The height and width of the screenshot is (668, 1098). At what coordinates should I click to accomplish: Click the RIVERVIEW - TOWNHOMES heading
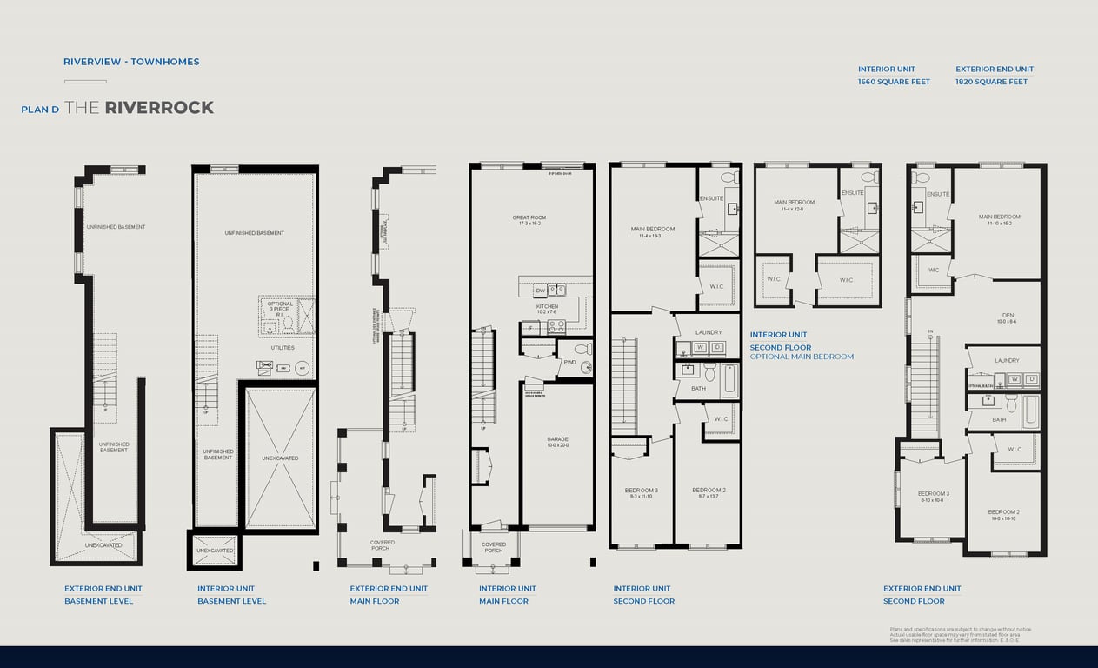point(131,62)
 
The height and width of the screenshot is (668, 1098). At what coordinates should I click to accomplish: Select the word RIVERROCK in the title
point(159,108)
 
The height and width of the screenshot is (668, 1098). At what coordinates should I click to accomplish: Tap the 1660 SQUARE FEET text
point(894,82)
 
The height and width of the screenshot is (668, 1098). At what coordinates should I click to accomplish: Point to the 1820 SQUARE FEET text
point(991,82)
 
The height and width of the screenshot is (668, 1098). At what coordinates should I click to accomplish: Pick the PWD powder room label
point(569,362)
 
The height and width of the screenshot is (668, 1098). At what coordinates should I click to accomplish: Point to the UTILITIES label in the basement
point(282,348)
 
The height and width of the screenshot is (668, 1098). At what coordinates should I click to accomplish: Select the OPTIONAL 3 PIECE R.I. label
point(280,309)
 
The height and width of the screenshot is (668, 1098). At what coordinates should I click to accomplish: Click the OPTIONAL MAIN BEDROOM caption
point(802,357)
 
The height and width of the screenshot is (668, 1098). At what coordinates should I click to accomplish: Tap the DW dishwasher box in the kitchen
point(540,291)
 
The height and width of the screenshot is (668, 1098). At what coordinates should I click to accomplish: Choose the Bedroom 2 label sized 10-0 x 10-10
point(1003,515)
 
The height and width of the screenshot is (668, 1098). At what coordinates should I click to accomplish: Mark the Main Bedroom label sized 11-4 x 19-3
point(652,232)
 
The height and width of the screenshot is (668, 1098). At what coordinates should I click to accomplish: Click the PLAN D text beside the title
point(40,110)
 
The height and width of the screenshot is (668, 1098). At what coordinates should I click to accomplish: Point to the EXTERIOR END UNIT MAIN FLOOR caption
point(388,595)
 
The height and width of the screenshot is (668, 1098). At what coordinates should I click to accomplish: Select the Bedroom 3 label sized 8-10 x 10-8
point(933,496)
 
